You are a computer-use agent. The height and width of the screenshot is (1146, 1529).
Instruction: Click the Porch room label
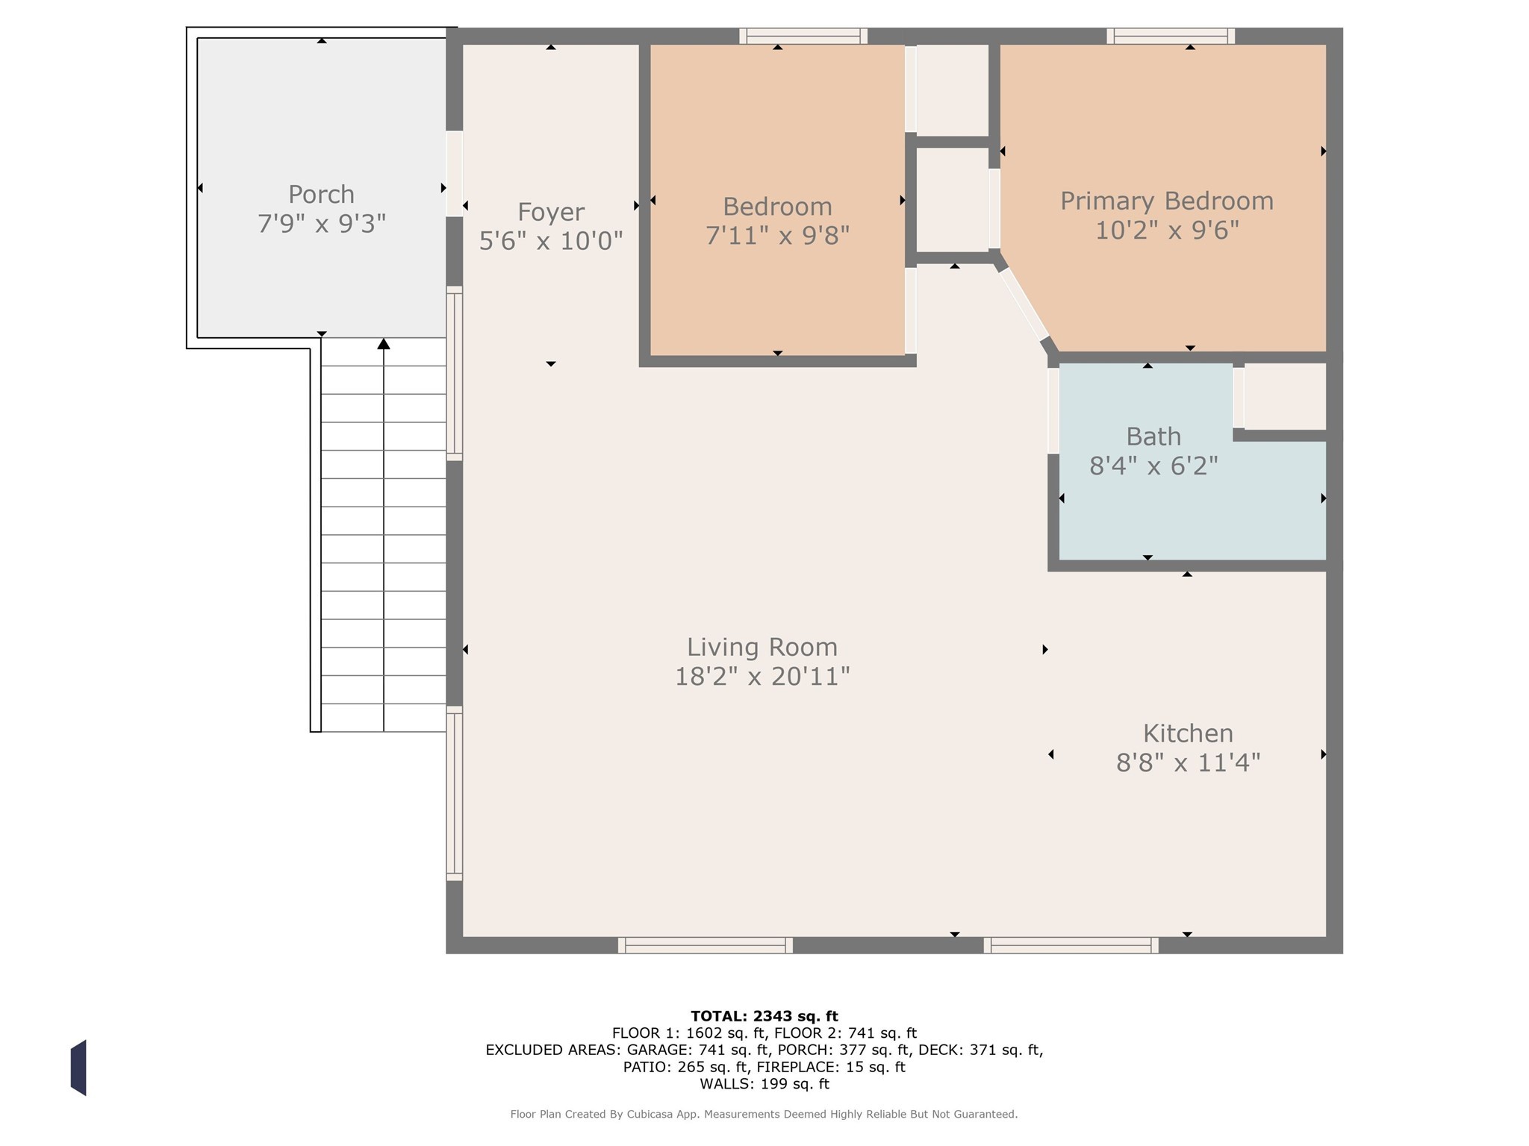[321, 195]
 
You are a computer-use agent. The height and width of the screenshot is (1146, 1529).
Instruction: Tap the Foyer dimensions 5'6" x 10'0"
[551, 241]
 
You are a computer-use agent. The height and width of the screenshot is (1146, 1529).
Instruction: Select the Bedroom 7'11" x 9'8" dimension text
[777, 236]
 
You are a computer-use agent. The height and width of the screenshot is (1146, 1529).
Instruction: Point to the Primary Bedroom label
[1167, 201]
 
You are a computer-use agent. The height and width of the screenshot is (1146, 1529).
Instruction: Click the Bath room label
[1153, 436]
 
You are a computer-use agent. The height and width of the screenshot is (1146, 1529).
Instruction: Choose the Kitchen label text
[1188, 733]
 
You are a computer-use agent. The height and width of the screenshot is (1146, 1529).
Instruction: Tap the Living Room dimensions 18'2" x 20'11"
[762, 677]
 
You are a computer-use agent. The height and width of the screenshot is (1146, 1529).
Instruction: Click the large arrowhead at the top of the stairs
[384, 343]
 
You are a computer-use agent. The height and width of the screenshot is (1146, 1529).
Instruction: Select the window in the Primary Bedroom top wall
[1171, 36]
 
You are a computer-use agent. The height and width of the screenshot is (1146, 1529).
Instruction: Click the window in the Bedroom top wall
[803, 36]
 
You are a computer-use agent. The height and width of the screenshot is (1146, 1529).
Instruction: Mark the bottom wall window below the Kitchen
[1071, 945]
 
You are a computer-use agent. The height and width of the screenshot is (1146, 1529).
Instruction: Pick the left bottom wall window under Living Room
[706, 945]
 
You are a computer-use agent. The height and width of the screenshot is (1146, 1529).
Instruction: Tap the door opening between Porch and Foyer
[454, 174]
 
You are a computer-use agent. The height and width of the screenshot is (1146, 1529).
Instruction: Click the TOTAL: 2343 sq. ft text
[764, 1016]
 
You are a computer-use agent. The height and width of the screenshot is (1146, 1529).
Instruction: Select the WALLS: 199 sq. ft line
[764, 1084]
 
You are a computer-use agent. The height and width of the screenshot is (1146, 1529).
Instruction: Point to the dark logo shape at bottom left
[78, 1068]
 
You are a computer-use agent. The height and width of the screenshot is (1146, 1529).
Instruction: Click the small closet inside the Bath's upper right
[1285, 396]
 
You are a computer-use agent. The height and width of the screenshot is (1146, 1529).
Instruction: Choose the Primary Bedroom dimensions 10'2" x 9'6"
[1167, 231]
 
